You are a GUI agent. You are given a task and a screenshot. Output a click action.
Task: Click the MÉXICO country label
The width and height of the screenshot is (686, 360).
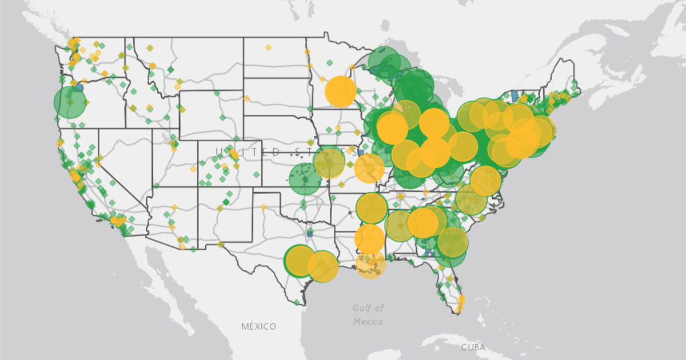[258, 326]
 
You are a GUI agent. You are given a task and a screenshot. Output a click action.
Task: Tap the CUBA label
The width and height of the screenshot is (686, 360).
[473, 347]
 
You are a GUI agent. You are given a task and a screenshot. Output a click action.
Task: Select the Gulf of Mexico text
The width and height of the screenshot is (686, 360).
[368, 314]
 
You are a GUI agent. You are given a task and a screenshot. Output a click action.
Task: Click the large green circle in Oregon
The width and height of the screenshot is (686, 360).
[70, 102]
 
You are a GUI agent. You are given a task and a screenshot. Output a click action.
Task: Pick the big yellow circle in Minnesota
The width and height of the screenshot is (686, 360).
[341, 91]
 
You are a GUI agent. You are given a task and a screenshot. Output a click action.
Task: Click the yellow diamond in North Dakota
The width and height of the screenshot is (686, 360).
[268, 47]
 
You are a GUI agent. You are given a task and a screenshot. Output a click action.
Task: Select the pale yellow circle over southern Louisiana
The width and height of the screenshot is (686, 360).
[370, 264]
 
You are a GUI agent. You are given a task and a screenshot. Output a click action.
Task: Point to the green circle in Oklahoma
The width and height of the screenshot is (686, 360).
[305, 179]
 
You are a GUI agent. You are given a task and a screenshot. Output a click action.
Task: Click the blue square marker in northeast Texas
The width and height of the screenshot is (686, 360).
[310, 233]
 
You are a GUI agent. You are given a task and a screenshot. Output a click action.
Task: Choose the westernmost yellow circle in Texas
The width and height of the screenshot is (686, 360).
[300, 261]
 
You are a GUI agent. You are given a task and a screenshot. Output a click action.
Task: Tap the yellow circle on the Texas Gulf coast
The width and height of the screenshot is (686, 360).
[323, 266]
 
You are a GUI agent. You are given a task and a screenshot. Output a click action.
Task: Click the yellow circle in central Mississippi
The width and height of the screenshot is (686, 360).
[370, 239]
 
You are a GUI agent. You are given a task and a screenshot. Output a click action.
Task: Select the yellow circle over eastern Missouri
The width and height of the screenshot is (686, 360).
[369, 168]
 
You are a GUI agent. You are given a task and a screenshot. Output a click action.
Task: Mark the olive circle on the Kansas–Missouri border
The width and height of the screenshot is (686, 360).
[329, 163]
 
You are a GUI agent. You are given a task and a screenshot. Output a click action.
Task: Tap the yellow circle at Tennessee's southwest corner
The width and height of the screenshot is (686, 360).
[372, 208]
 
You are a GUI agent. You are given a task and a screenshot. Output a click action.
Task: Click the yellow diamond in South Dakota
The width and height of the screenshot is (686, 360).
[247, 98]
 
